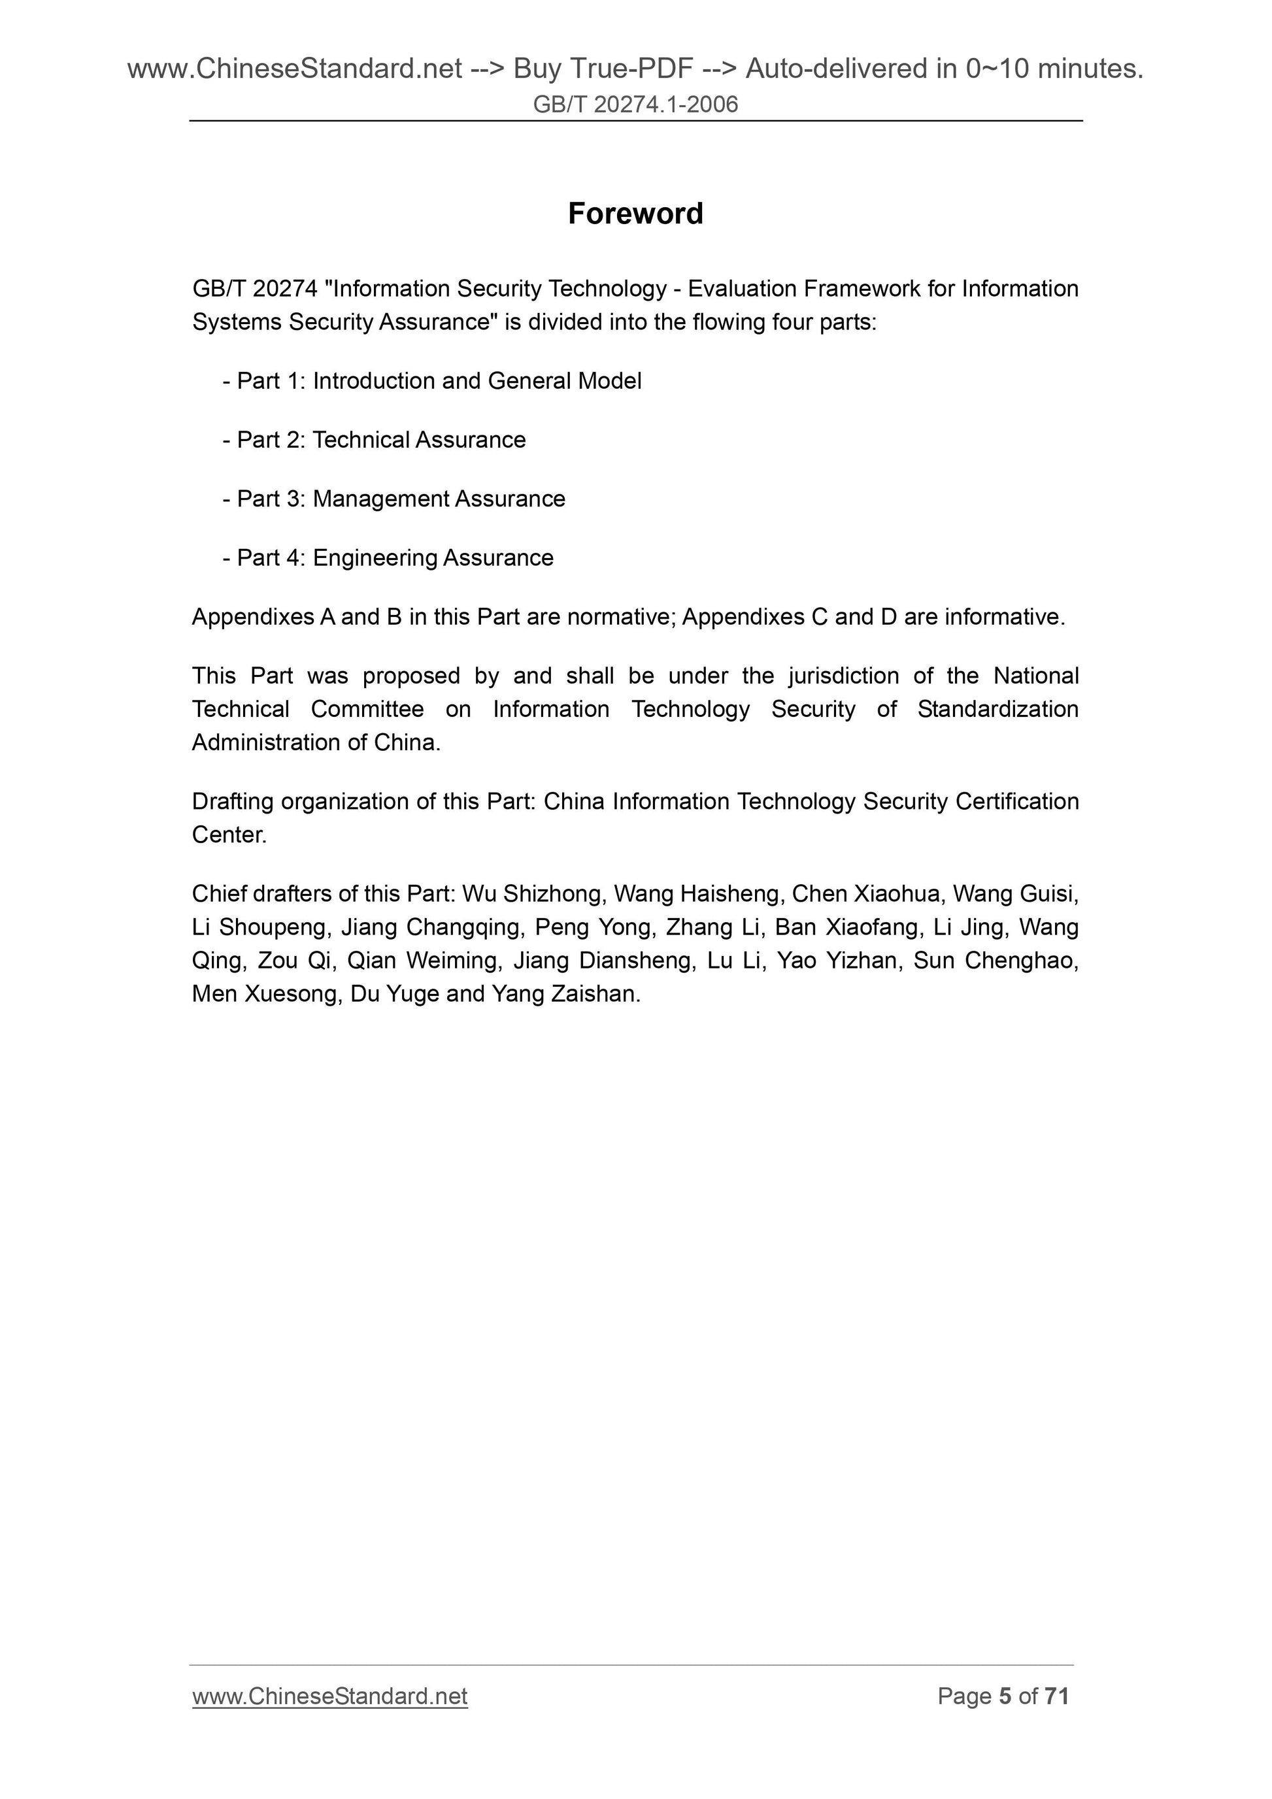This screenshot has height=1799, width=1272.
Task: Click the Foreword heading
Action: click(x=635, y=213)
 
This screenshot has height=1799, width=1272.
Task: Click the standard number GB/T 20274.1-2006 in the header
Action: click(x=635, y=104)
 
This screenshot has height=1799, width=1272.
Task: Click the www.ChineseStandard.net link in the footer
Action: click(x=329, y=1696)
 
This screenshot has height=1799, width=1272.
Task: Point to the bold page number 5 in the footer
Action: click(x=1005, y=1696)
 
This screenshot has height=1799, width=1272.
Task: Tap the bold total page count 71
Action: click(x=1056, y=1696)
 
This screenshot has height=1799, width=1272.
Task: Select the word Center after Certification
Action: click(x=229, y=835)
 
